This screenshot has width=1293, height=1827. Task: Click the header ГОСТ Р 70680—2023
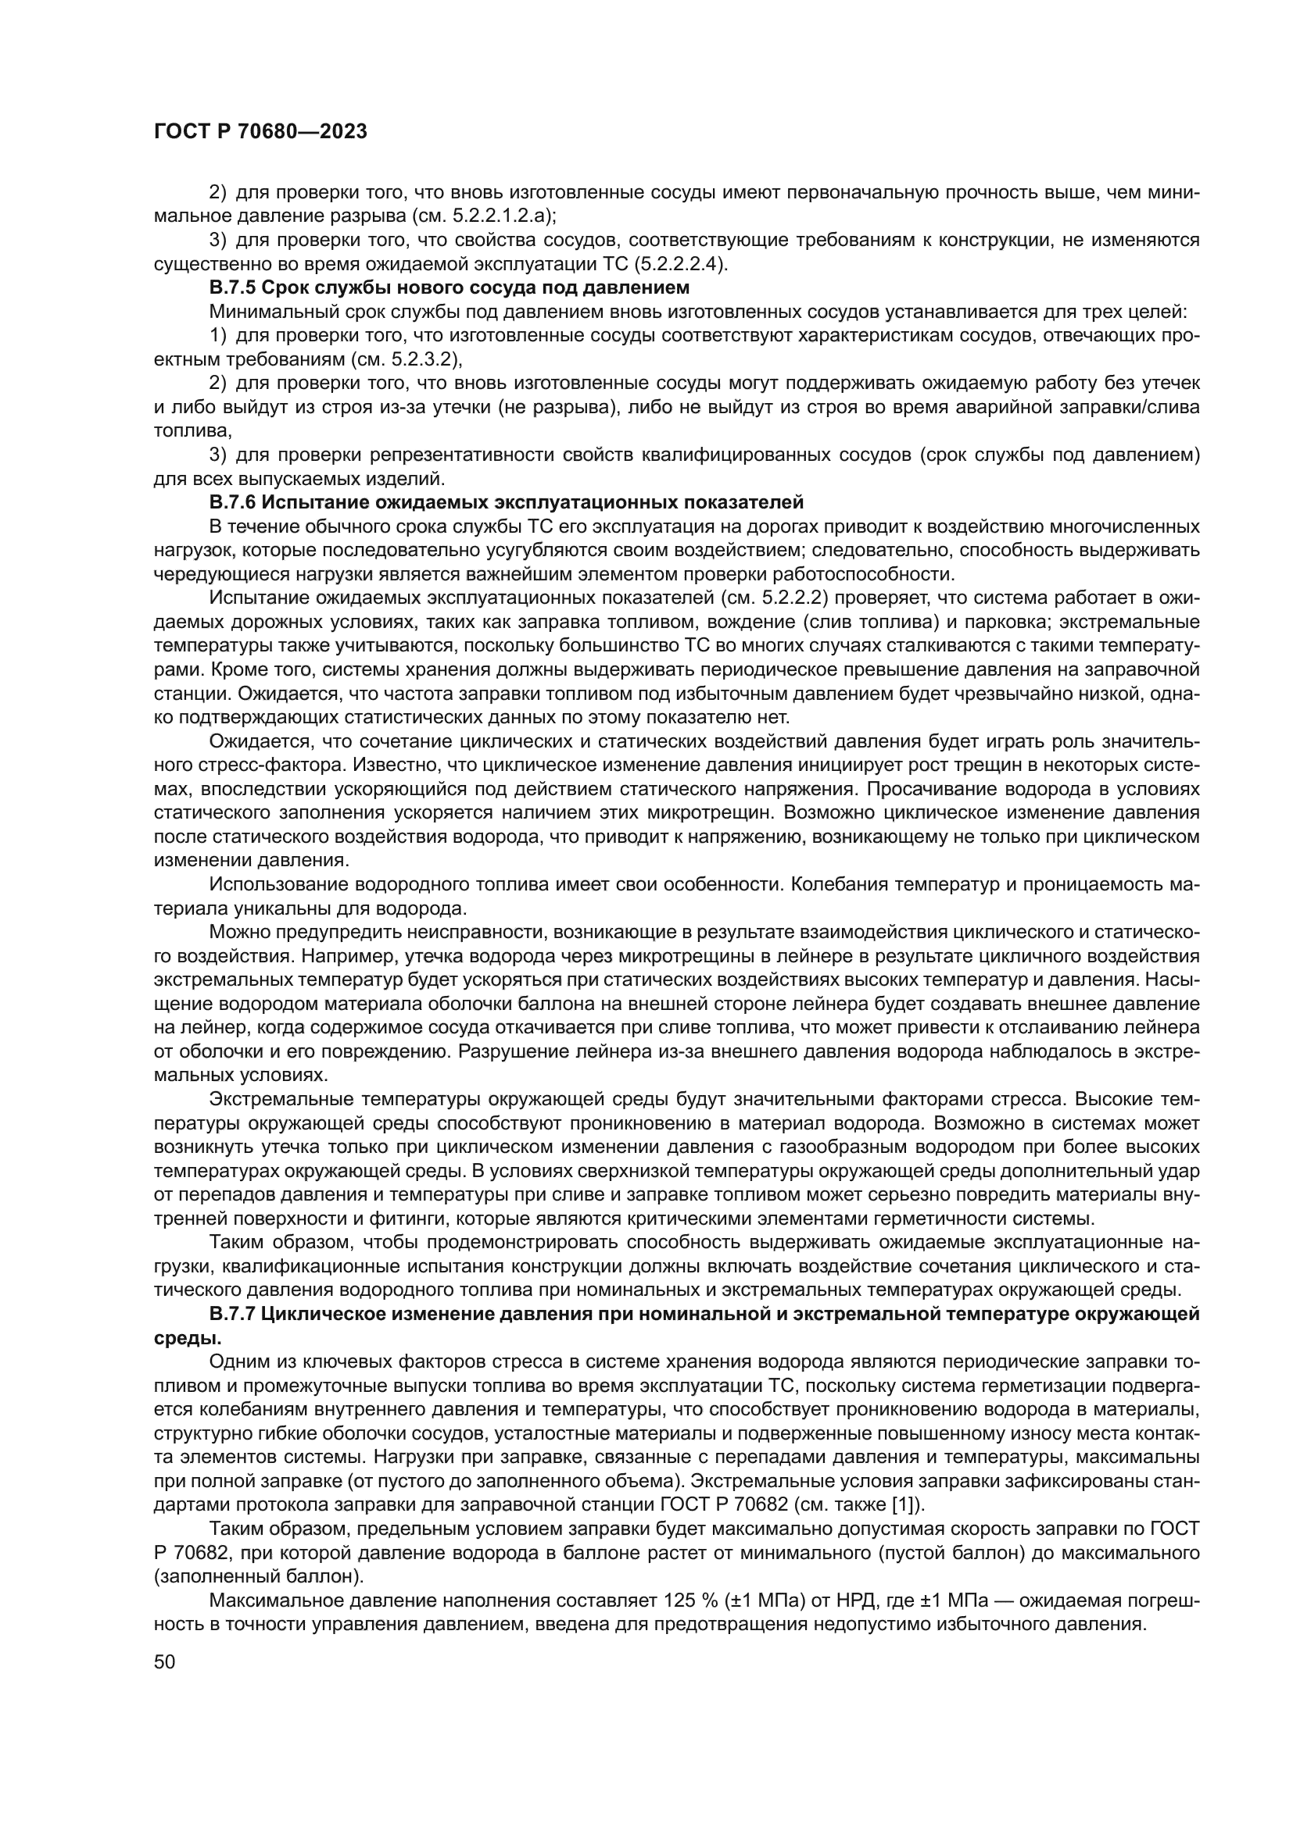[260, 132]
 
